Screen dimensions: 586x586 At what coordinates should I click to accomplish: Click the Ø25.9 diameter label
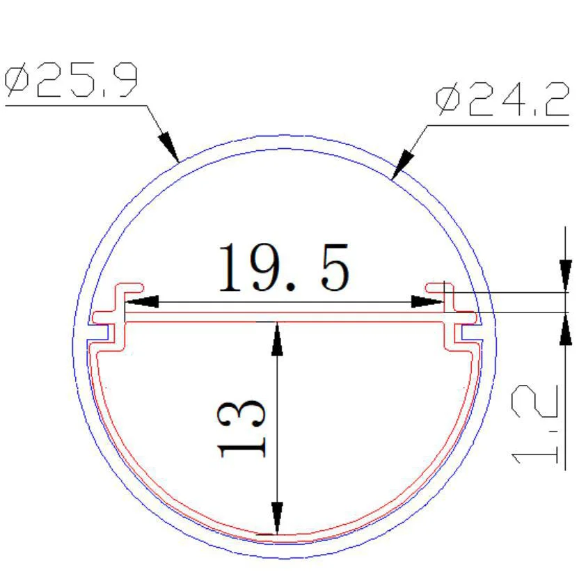click(71, 79)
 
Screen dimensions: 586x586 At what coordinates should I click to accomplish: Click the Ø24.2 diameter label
click(502, 99)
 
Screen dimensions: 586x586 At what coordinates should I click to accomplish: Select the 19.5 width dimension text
click(284, 267)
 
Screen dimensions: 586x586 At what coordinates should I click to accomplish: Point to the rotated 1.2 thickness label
click(534, 424)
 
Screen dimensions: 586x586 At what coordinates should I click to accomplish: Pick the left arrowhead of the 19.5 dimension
click(142, 301)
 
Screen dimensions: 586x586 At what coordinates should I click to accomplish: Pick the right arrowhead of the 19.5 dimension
click(427, 301)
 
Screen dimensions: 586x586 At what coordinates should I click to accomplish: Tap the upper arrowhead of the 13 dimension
click(277, 339)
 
